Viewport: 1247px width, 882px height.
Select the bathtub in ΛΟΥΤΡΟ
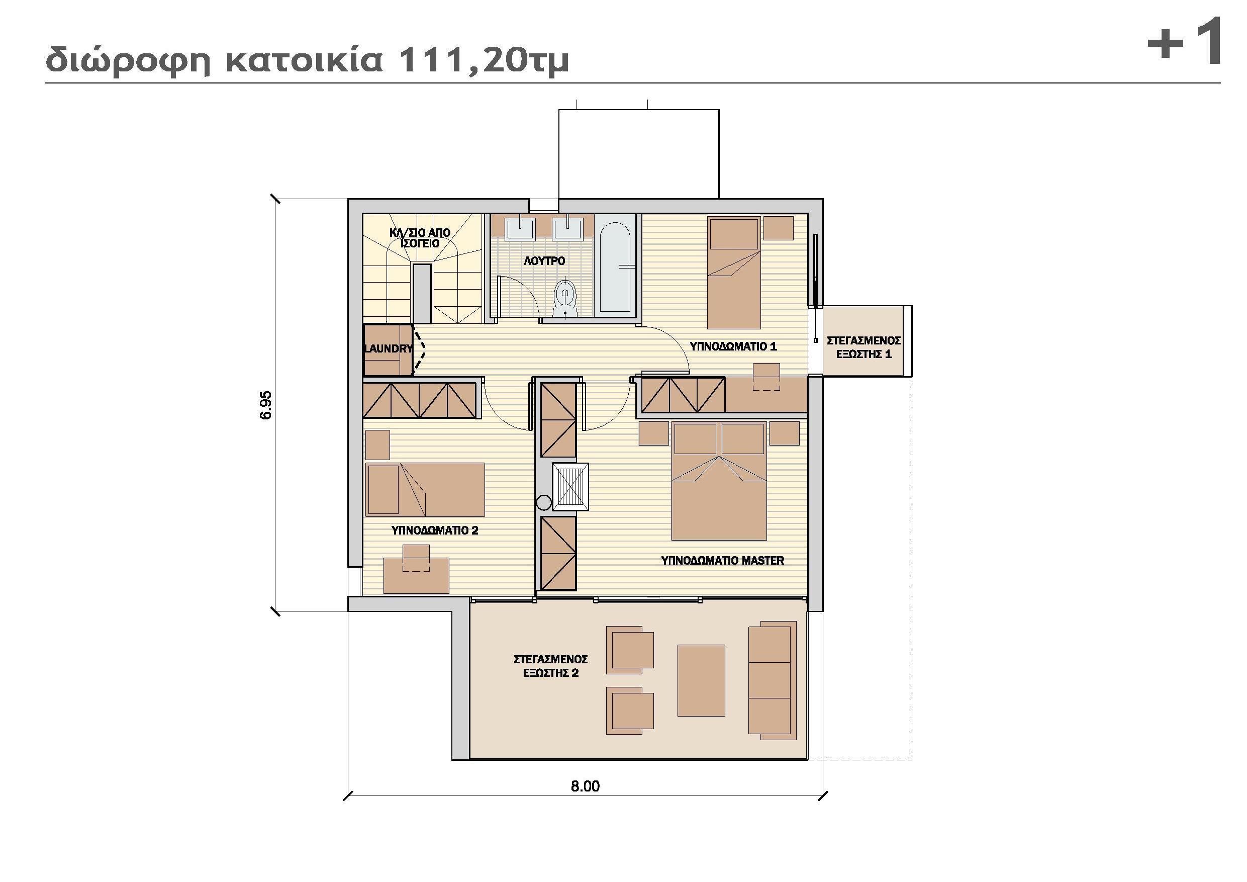(x=615, y=267)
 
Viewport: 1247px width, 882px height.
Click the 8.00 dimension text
(x=585, y=786)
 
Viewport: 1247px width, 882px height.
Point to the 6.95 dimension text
(x=265, y=405)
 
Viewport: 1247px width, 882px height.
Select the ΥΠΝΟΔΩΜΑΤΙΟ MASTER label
(x=722, y=560)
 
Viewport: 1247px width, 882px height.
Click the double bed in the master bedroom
(x=719, y=489)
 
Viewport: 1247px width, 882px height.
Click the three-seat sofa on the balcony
(x=770, y=680)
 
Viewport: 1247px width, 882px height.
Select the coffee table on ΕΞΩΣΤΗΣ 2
(x=701, y=680)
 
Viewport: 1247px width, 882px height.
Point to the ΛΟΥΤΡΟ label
(x=544, y=261)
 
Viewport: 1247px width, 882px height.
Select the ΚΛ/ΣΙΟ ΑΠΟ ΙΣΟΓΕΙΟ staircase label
(x=420, y=238)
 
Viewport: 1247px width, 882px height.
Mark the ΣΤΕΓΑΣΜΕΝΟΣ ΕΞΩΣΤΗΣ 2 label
(x=551, y=666)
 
